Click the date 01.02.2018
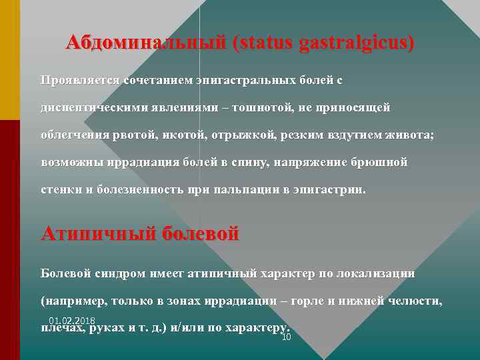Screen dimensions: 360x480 point(71,321)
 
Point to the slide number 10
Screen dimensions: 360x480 point(287,337)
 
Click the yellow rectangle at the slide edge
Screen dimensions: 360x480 point(10,60)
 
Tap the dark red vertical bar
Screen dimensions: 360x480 point(10,240)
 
